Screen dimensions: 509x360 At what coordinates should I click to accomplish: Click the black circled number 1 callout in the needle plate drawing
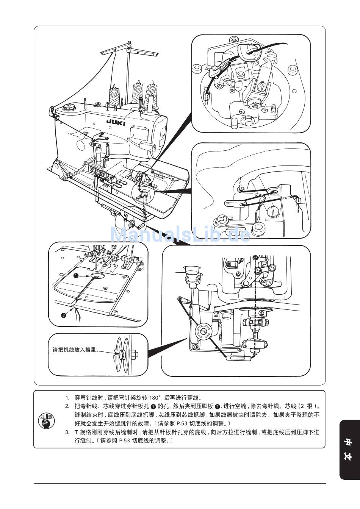point(76,276)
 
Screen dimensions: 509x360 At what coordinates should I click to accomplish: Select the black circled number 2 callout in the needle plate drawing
point(63,315)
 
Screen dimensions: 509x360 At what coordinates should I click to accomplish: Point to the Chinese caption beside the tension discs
point(75,350)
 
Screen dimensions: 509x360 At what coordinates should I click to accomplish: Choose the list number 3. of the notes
point(67,432)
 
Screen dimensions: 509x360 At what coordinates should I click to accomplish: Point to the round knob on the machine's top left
point(69,107)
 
